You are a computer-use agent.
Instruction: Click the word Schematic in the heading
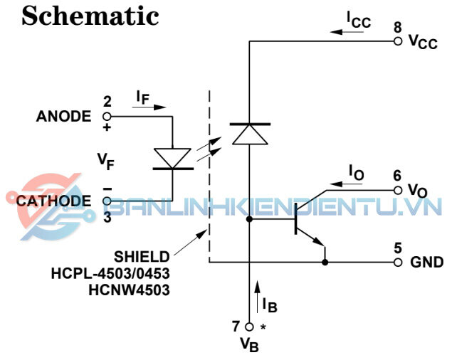90,16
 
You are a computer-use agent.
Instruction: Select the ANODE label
63,117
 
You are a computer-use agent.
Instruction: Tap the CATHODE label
54,201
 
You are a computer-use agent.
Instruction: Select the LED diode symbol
172,159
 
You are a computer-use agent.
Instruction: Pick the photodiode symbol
249,133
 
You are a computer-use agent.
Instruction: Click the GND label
427,263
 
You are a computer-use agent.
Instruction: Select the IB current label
268,305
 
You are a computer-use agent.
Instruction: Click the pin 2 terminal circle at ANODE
107,117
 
